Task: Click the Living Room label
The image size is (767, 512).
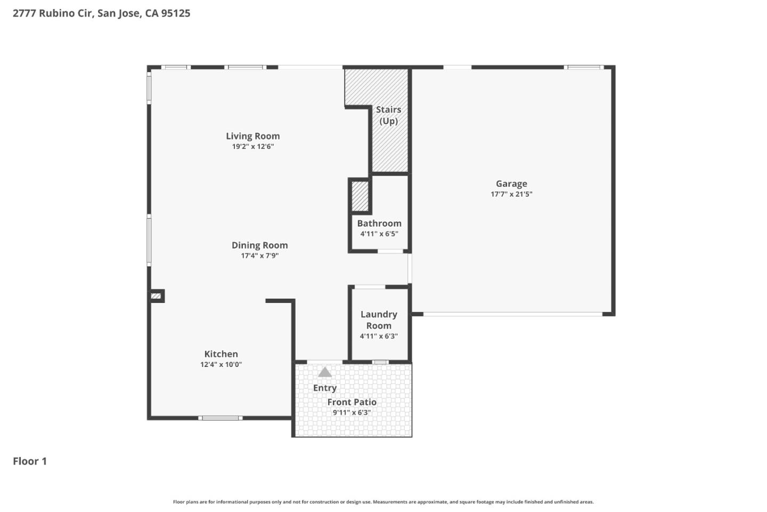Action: click(x=252, y=136)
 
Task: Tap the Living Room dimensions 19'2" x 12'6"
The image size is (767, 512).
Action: click(x=252, y=147)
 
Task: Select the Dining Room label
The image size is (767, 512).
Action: click(x=259, y=245)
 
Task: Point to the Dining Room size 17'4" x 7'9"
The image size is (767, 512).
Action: click(x=259, y=256)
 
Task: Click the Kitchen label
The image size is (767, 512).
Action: click(x=221, y=354)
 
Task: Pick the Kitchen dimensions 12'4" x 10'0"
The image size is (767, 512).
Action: click(x=221, y=365)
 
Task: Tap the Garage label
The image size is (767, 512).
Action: click(x=511, y=184)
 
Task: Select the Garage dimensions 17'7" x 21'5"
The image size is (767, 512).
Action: click(x=511, y=195)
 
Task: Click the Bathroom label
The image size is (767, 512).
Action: click(x=379, y=223)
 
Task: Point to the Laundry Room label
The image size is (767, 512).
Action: click(x=379, y=320)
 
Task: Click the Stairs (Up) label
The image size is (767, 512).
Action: click(x=388, y=115)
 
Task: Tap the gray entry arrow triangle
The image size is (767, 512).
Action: click(x=325, y=372)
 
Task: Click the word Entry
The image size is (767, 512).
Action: click(x=325, y=388)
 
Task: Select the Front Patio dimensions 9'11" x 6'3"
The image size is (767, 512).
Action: click(x=352, y=413)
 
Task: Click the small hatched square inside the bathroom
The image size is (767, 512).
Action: click(x=360, y=197)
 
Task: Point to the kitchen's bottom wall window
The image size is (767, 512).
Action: click(x=221, y=418)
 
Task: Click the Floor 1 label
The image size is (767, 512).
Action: click(x=30, y=461)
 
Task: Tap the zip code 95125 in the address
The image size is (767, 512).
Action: click(x=175, y=13)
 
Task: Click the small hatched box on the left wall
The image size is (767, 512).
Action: click(x=156, y=296)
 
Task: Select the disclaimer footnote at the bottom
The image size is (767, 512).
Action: click(x=383, y=502)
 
